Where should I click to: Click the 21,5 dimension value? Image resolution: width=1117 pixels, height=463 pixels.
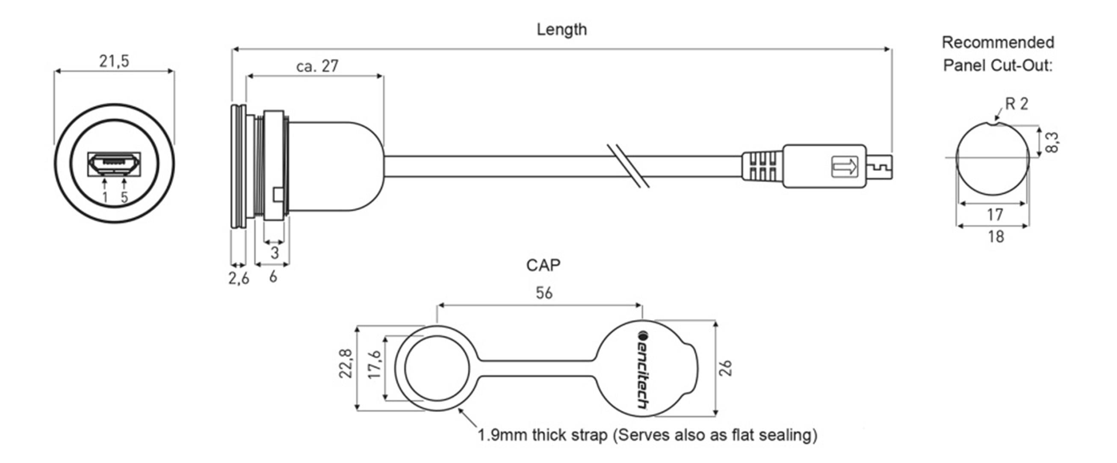(114, 61)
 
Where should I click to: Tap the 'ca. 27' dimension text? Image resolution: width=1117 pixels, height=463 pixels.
(317, 66)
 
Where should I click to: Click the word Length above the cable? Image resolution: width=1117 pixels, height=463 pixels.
(561, 30)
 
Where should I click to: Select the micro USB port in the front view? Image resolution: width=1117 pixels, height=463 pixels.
(114, 164)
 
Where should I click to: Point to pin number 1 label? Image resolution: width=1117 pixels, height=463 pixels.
(104, 197)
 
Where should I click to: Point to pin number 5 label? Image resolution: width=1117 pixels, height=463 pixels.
(124, 197)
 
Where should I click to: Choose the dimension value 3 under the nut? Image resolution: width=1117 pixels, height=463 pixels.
(275, 253)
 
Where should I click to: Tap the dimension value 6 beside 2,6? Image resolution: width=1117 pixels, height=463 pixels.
(273, 276)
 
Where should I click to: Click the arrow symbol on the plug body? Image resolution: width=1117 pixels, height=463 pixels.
(844, 166)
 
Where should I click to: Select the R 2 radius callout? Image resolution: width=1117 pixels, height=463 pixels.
(1017, 104)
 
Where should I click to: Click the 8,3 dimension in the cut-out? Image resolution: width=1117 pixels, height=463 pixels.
(1052, 142)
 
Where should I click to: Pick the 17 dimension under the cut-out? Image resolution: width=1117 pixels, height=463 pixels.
(995, 214)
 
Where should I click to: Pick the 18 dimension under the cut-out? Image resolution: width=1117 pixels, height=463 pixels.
(996, 237)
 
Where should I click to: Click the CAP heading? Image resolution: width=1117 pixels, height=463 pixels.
(543, 265)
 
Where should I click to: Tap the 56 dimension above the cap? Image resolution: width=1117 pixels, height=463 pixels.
(544, 293)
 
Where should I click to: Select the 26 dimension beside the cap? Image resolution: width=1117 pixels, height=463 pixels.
(725, 368)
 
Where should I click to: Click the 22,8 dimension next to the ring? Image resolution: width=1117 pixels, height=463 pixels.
(346, 363)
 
